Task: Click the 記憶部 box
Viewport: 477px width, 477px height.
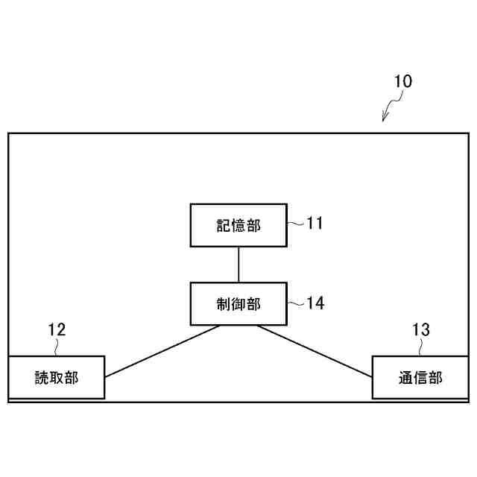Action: coord(238,225)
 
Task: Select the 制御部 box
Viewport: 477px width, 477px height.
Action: coord(238,304)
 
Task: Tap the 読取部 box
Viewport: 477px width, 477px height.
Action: coord(56,378)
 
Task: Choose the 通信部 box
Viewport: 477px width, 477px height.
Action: coord(420,378)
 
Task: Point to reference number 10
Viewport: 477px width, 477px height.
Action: coord(402,81)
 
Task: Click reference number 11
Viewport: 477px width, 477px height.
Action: coord(315,223)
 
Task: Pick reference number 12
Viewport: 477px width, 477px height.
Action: coord(57,329)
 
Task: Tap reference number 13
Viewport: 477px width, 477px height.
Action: coord(420,329)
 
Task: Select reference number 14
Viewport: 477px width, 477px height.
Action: coord(315,303)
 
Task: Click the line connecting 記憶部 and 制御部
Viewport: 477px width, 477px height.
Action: coord(238,265)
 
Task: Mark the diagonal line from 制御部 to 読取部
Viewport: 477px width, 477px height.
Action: coord(162,351)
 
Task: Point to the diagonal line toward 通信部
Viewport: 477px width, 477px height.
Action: coord(315,351)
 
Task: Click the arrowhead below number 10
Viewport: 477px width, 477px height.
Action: coord(385,117)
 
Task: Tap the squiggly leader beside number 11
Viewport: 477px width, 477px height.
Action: coord(296,223)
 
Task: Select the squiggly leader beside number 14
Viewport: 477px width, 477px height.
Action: coord(296,303)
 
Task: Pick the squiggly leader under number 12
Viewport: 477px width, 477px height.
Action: coord(57,347)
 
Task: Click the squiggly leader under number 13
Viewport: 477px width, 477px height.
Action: coord(420,347)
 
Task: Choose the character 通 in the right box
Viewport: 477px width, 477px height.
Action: coord(406,378)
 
